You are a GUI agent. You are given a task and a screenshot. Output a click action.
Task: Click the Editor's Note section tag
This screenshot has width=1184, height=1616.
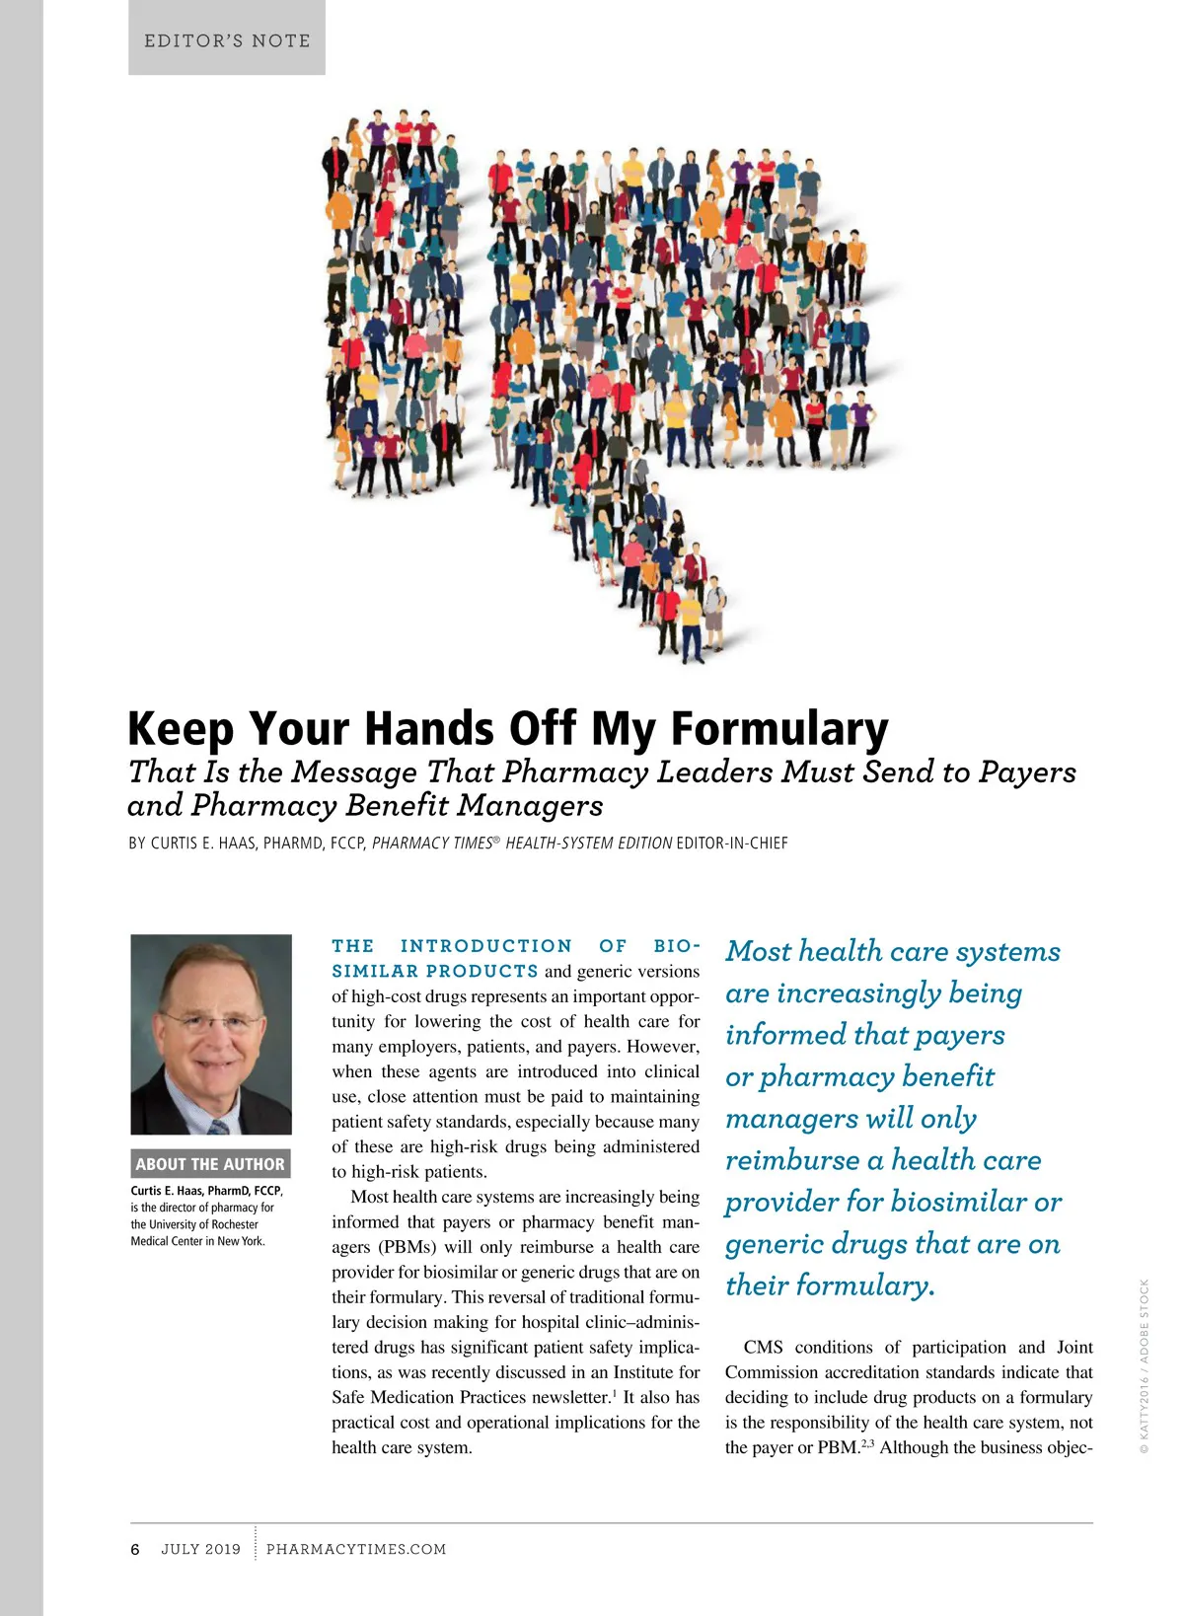coord(227,40)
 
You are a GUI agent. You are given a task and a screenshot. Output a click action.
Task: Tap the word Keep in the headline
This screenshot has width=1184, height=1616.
coord(182,730)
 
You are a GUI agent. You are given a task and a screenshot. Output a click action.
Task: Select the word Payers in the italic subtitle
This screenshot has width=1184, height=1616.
coord(1027,772)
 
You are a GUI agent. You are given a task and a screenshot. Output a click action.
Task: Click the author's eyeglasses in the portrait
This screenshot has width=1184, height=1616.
coord(210,1020)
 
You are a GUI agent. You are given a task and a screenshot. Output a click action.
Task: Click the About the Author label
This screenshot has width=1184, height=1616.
coord(210,1164)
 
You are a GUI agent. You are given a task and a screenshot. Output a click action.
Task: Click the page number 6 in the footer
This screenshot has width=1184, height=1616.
coord(135,1549)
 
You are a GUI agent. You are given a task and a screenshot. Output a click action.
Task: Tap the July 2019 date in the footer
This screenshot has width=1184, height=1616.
coord(200,1549)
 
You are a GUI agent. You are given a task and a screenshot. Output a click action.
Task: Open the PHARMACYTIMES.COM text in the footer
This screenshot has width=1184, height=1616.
coord(356,1549)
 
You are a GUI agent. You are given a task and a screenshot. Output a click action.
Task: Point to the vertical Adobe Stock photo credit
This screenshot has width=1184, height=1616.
coord(1145,1366)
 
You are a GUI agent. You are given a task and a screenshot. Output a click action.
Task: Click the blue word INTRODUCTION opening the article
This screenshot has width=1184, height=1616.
coord(485,946)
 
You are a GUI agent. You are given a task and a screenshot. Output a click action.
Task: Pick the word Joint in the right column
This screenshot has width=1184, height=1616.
coord(1074,1348)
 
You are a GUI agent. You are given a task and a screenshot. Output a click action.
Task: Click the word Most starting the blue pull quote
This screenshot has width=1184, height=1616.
coord(758,952)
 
